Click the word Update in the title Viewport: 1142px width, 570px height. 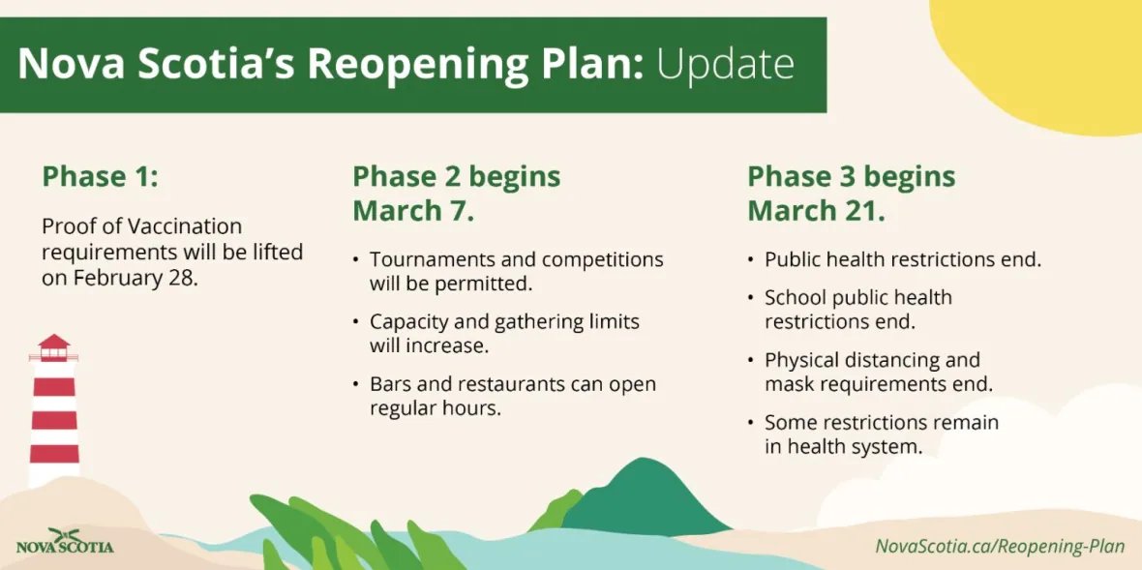coord(726,65)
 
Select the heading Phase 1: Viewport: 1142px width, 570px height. coord(100,177)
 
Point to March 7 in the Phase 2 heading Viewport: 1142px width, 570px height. coord(413,210)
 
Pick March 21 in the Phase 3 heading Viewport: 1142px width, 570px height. coord(817,210)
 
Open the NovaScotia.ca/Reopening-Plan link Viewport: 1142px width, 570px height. coord(1000,546)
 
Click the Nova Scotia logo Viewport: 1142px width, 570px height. coord(65,541)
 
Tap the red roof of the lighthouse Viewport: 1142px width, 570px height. coord(54,342)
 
